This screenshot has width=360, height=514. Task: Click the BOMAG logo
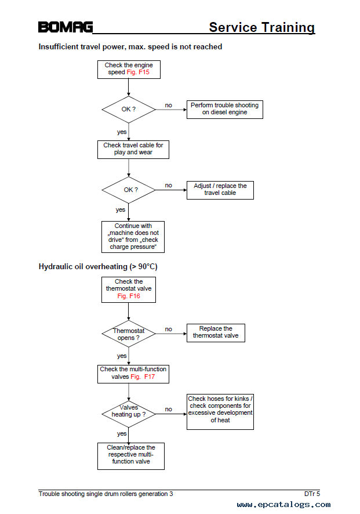(66, 27)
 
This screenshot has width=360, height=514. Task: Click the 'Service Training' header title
(261, 27)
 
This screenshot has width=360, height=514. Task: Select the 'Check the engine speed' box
(129, 70)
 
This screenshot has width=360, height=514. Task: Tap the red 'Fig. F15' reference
(138, 73)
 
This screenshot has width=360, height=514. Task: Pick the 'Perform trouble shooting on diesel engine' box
(225, 110)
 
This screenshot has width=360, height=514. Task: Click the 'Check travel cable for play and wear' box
(133, 150)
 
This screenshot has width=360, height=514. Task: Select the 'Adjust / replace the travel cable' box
(220, 190)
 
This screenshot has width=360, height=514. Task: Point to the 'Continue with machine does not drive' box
(133, 237)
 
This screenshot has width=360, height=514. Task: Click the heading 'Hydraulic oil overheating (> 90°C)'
(98, 266)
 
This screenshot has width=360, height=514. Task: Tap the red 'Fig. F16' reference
(129, 296)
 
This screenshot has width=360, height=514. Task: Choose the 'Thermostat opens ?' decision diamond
(129, 334)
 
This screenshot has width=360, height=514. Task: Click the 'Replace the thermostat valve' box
(216, 333)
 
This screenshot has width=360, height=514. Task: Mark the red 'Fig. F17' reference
(143, 377)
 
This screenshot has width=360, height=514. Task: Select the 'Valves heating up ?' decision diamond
(129, 414)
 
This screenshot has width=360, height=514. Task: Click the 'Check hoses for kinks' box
(220, 412)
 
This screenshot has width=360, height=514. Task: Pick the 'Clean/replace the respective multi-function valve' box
(131, 456)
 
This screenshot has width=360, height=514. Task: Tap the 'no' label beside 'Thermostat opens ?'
(168, 329)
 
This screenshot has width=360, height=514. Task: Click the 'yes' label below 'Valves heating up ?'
(122, 434)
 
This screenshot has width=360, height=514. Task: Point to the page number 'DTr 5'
(312, 494)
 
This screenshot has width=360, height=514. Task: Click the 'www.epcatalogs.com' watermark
(283, 505)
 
